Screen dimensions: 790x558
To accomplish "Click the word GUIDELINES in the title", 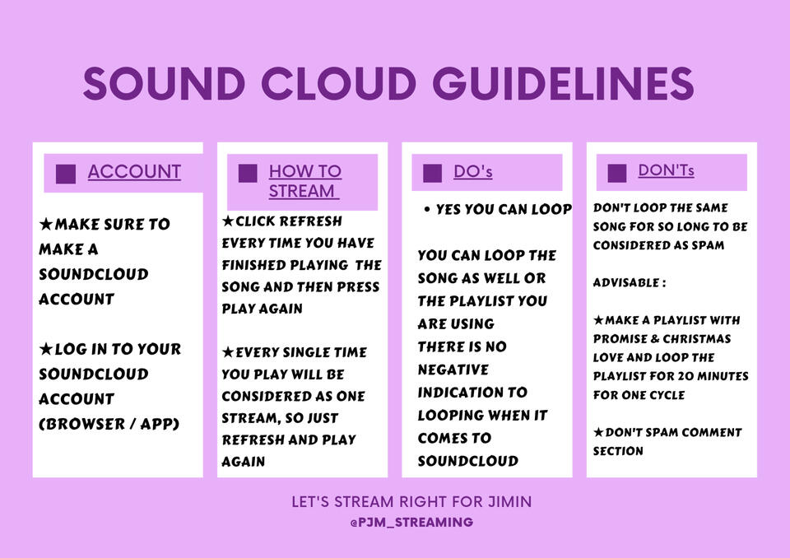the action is [563, 83].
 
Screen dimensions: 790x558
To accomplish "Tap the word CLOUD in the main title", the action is [338, 83].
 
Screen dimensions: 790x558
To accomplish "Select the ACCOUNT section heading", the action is [134, 172].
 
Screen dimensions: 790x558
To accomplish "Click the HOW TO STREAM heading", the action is [304, 181].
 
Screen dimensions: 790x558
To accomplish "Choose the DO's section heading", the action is [472, 171].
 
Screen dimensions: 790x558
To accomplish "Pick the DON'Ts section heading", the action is [666, 170].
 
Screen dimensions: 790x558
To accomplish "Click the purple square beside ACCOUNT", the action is [66, 174].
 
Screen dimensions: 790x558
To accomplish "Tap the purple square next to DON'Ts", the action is [617, 173].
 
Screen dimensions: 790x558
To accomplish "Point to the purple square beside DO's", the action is [432, 173].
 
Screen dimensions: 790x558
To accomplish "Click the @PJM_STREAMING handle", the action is [411, 523].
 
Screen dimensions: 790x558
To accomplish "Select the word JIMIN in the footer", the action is [509, 501].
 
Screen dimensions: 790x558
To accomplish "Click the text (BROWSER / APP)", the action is [109, 424].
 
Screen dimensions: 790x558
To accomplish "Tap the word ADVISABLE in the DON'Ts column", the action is [626, 282].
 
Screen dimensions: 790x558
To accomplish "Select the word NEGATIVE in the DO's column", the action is [453, 370].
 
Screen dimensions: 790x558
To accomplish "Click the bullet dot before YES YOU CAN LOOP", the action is [427, 209].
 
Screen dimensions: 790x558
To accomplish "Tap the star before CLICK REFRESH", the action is [228, 221].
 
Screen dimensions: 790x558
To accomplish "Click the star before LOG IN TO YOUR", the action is [46, 348].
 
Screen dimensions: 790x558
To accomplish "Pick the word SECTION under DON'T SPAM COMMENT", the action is [618, 451].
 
